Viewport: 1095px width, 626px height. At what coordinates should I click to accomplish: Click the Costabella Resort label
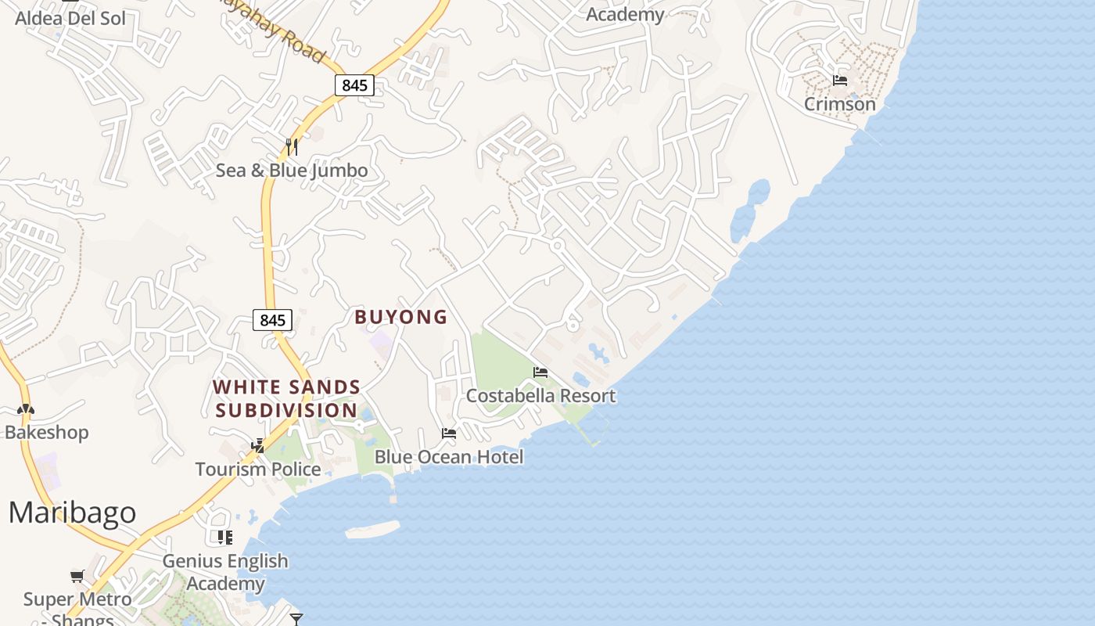click(540, 396)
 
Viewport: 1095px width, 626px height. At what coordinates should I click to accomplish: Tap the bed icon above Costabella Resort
click(540, 372)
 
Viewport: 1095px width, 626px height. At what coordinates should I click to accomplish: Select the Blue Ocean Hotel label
click(449, 457)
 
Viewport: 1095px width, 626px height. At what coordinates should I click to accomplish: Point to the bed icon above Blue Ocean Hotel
click(449, 433)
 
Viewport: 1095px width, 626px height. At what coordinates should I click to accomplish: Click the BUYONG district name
click(401, 317)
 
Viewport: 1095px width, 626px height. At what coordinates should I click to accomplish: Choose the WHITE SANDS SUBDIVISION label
click(286, 399)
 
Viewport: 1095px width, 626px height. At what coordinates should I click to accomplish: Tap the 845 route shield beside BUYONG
click(272, 320)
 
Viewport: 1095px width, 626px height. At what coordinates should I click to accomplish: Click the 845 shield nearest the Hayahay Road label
click(354, 85)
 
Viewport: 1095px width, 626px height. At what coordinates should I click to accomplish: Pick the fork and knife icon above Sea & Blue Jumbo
click(292, 146)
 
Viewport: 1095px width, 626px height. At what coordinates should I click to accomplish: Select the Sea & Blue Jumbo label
click(292, 171)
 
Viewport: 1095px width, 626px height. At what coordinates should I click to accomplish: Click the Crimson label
click(840, 104)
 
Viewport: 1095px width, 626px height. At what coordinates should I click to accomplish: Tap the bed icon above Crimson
click(840, 80)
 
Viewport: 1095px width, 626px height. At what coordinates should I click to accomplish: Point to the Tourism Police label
click(258, 469)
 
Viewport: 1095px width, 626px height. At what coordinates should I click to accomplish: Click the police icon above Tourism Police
click(258, 446)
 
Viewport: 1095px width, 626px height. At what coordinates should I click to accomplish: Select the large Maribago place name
click(72, 513)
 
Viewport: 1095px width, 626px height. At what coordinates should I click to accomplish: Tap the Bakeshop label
click(47, 433)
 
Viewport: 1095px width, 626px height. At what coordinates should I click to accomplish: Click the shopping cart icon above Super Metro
click(77, 577)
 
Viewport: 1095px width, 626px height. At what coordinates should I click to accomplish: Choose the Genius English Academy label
click(225, 572)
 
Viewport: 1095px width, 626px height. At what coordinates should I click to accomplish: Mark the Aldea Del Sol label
click(70, 18)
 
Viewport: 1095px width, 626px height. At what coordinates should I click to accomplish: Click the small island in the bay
click(372, 530)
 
